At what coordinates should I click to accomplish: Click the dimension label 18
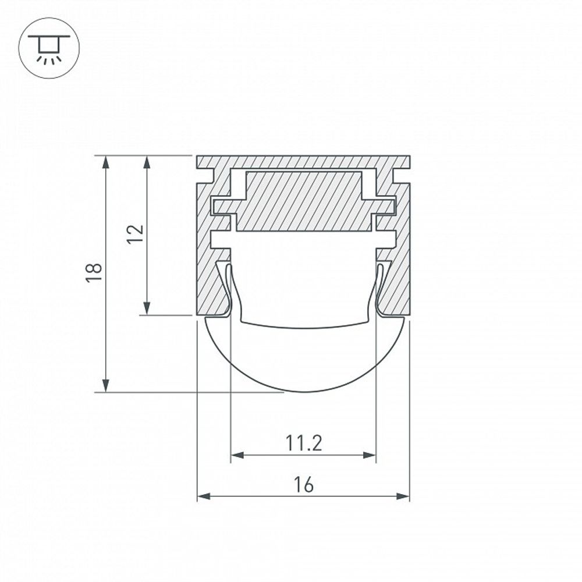coord(94,272)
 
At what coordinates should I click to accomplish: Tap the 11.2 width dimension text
coord(303,444)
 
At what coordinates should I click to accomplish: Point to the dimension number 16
coord(303,485)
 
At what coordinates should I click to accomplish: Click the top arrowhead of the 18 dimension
coord(106,162)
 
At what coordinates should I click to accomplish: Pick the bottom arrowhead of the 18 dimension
coord(106,385)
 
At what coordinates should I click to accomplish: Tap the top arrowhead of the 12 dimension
coord(147,162)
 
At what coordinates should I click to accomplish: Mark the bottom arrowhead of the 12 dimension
coord(147,308)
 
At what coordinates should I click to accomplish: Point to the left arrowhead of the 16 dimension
coord(204,496)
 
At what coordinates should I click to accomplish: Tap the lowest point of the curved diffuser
coord(303,391)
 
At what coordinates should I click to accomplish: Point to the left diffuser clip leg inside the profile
coord(228,288)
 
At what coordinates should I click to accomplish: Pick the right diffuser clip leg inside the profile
coord(379,288)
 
